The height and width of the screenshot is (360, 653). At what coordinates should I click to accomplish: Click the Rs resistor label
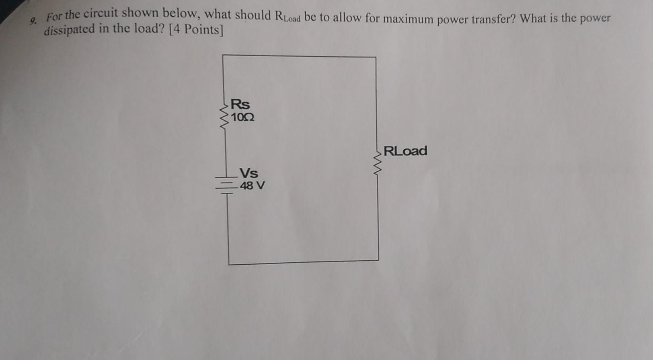click(240, 104)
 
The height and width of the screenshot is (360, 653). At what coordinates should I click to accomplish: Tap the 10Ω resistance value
click(242, 117)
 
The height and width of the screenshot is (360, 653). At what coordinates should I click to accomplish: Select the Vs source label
click(249, 173)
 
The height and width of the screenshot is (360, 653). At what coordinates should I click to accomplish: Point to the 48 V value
click(252, 186)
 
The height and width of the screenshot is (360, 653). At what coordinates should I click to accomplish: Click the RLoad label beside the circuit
click(405, 151)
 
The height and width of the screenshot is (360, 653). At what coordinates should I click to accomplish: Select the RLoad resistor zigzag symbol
click(378, 161)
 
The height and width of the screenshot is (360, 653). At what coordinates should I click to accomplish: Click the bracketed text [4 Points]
click(196, 30)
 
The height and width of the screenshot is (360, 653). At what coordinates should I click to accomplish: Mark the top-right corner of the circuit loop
click(376, 57)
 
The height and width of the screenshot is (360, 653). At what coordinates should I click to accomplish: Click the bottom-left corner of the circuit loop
click(229, 264)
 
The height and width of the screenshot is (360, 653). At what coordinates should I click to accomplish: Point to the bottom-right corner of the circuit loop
click(378, 260)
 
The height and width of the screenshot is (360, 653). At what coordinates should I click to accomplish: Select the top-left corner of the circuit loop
click(223, 55)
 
